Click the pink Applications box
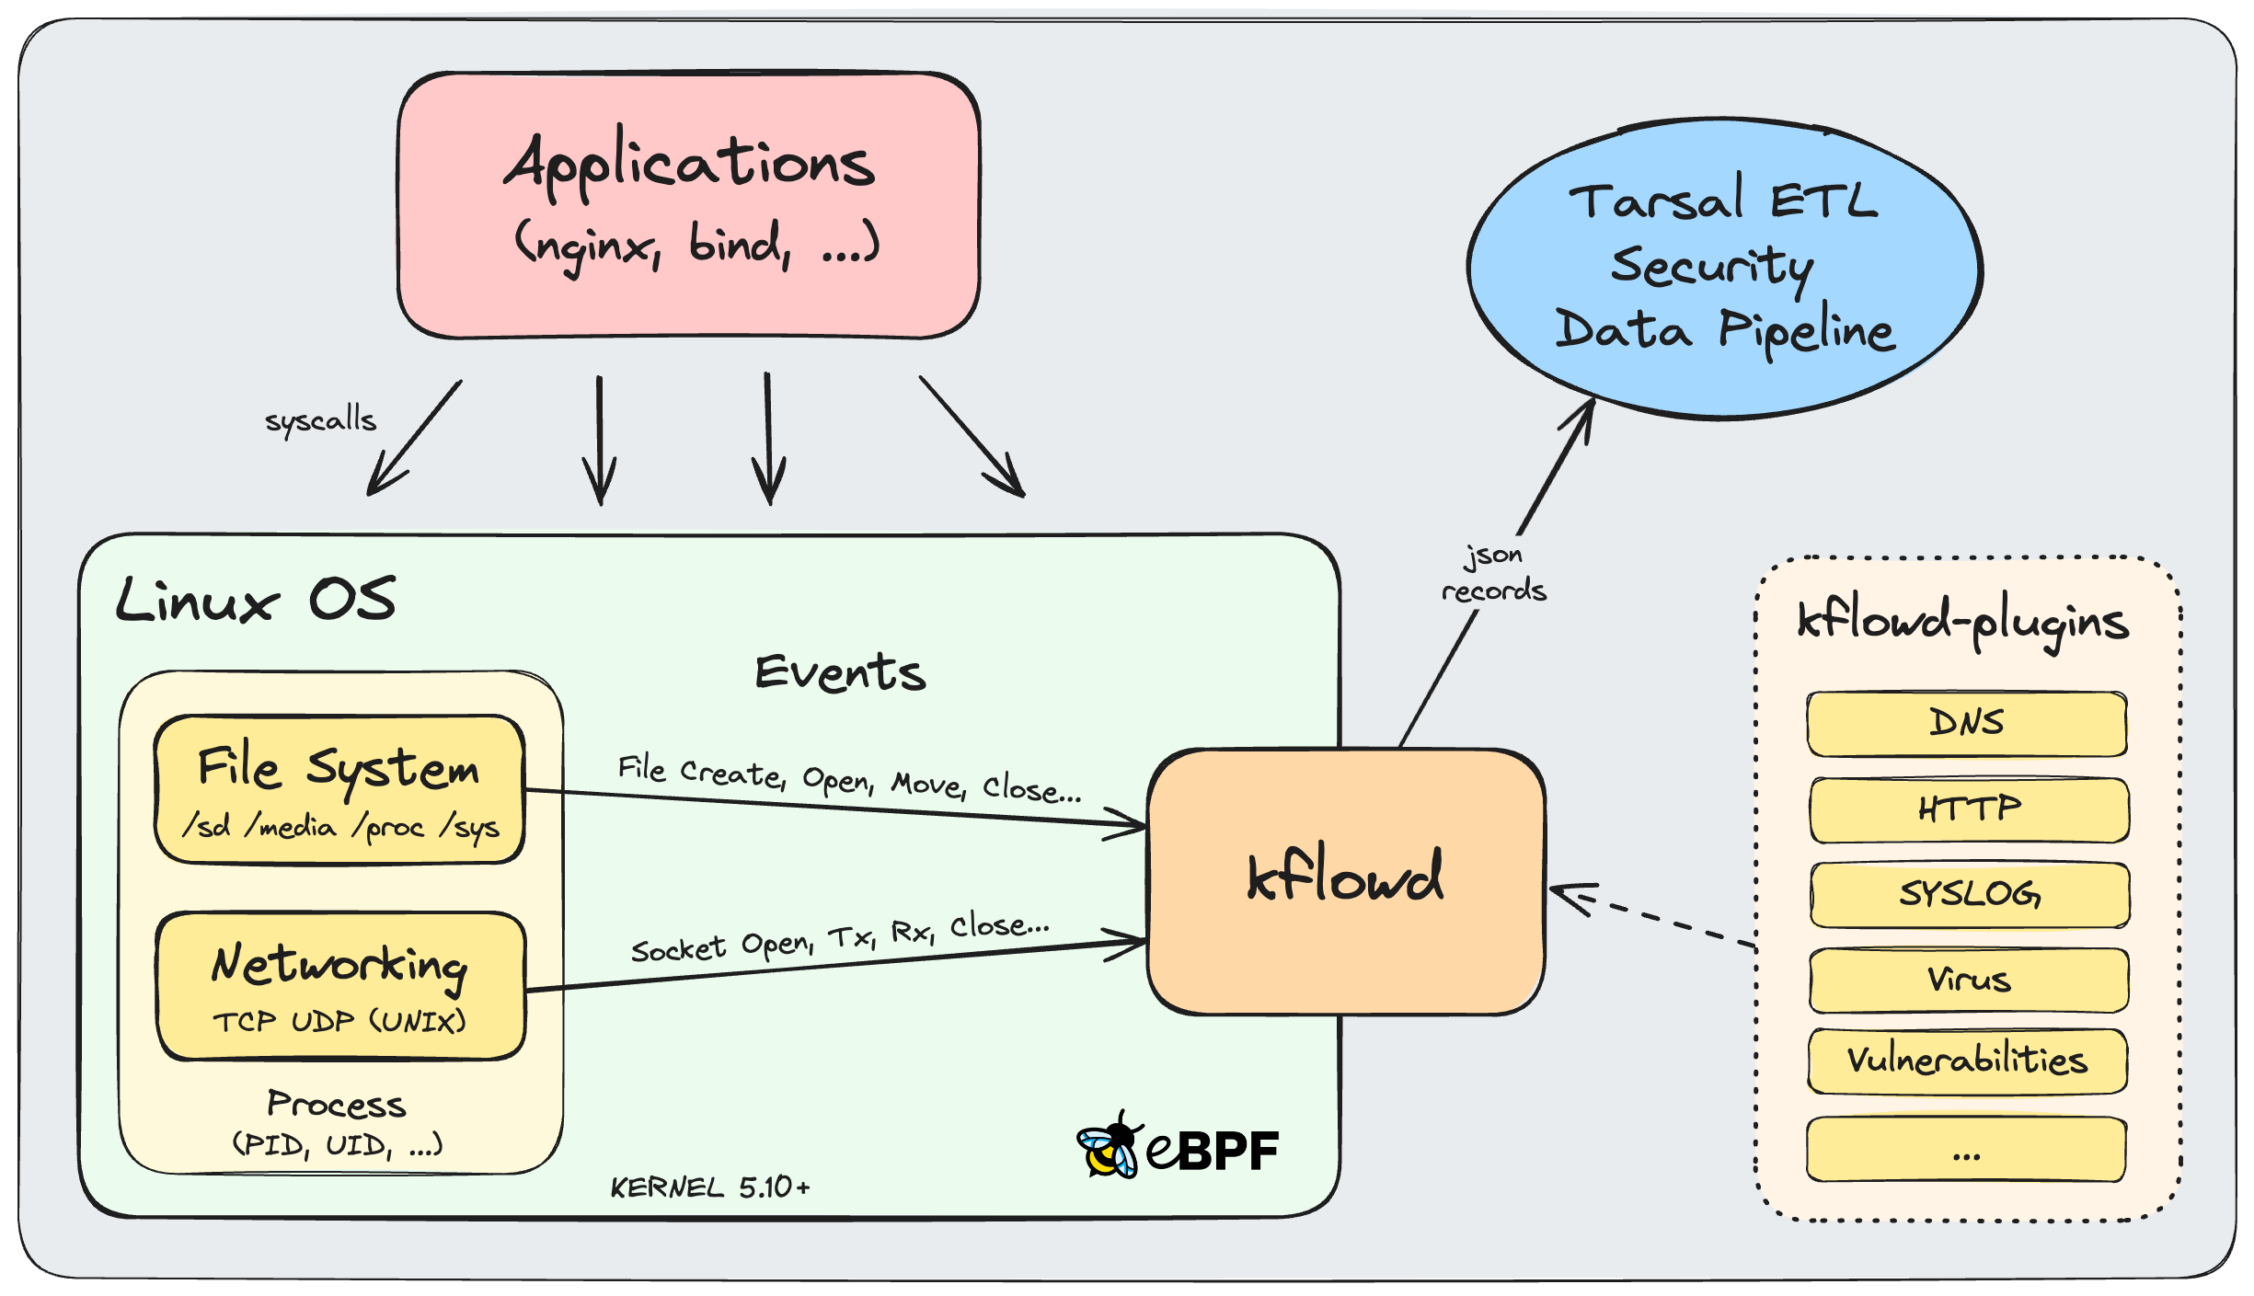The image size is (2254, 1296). coord(688,205)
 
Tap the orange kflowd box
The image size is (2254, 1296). coord(1346,881)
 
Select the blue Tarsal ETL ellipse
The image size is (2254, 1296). coord(1724,268)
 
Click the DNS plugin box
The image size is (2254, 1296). coord(1966,724)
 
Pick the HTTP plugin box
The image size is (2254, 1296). coord(1969,809)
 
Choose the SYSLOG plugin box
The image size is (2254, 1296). coord(1969,894)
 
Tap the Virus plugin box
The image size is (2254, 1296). coord(1969,980)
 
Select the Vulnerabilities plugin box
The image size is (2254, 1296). coord(1967,1061)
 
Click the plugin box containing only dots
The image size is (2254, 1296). coord(1966,1149)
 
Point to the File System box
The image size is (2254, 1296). coord(339,789)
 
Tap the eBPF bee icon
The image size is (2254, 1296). coord(1110,1147)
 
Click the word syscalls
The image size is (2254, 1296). coord(320,420)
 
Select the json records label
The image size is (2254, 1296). coord(1493,573)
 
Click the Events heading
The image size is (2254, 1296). coord(840,672)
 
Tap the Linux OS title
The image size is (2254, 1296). coord(256,601)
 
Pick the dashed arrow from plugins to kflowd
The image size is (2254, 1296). coord(1652,916)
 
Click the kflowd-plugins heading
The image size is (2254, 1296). coord(1962,623)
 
